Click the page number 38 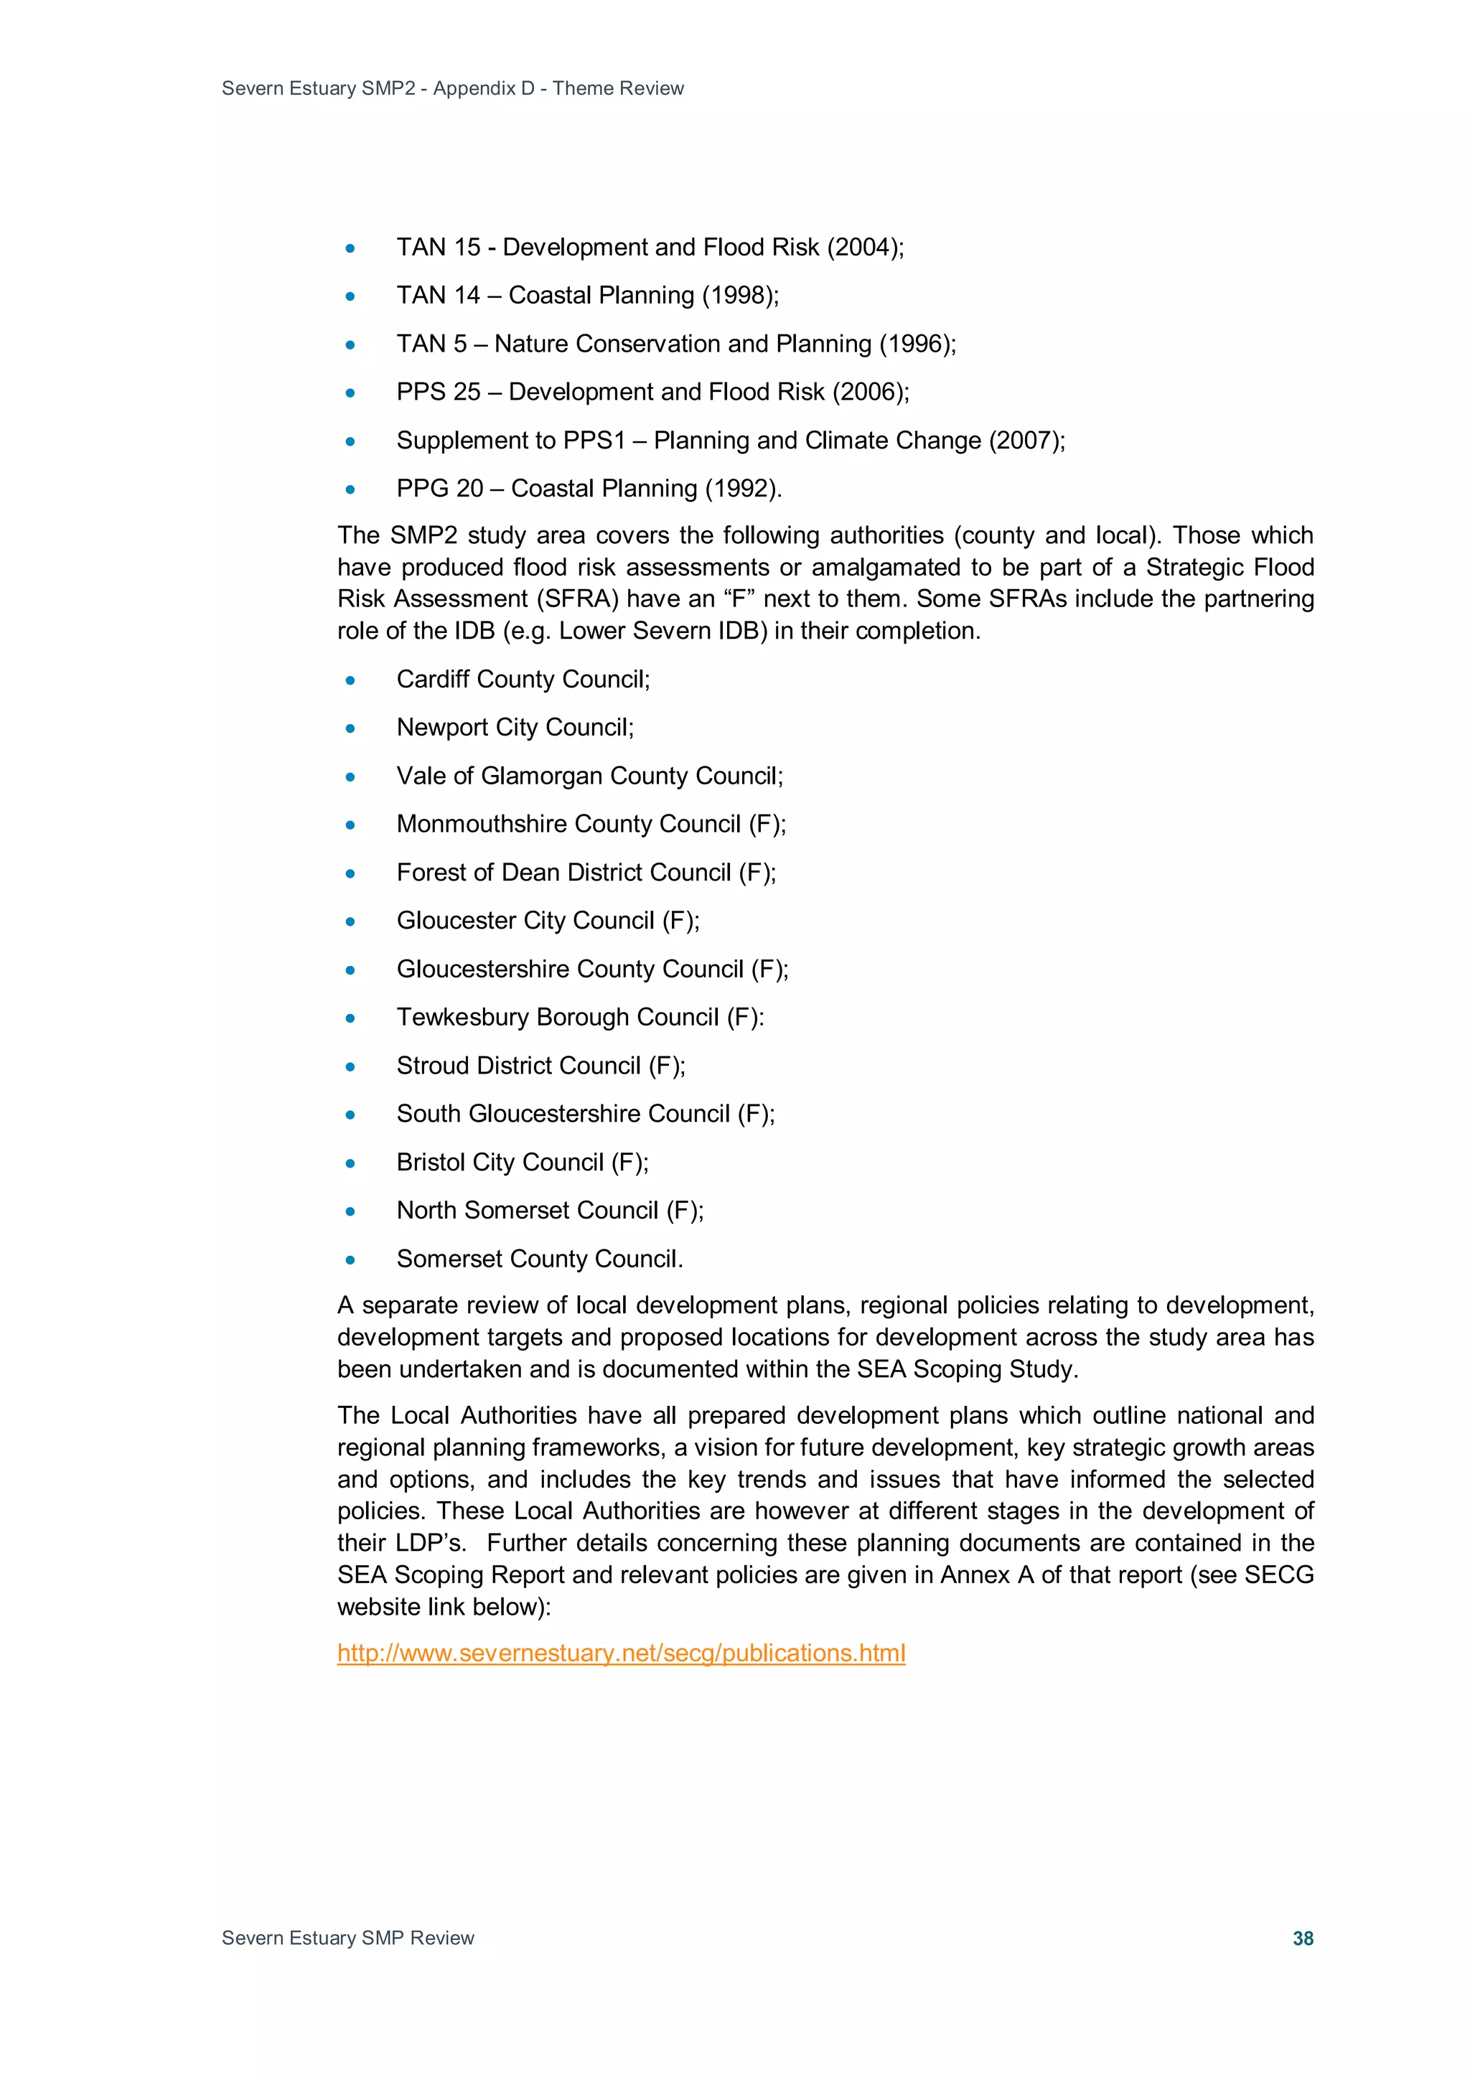(1303, 1938)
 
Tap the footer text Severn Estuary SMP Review (348, 1938)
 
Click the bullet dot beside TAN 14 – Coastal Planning (350, 296)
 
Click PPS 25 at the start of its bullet (439, 392)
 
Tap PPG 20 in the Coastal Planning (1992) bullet (439, 489)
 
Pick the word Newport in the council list (441, 727)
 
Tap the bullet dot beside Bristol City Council (350, 1163)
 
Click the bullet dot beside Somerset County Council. (350, 1259)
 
